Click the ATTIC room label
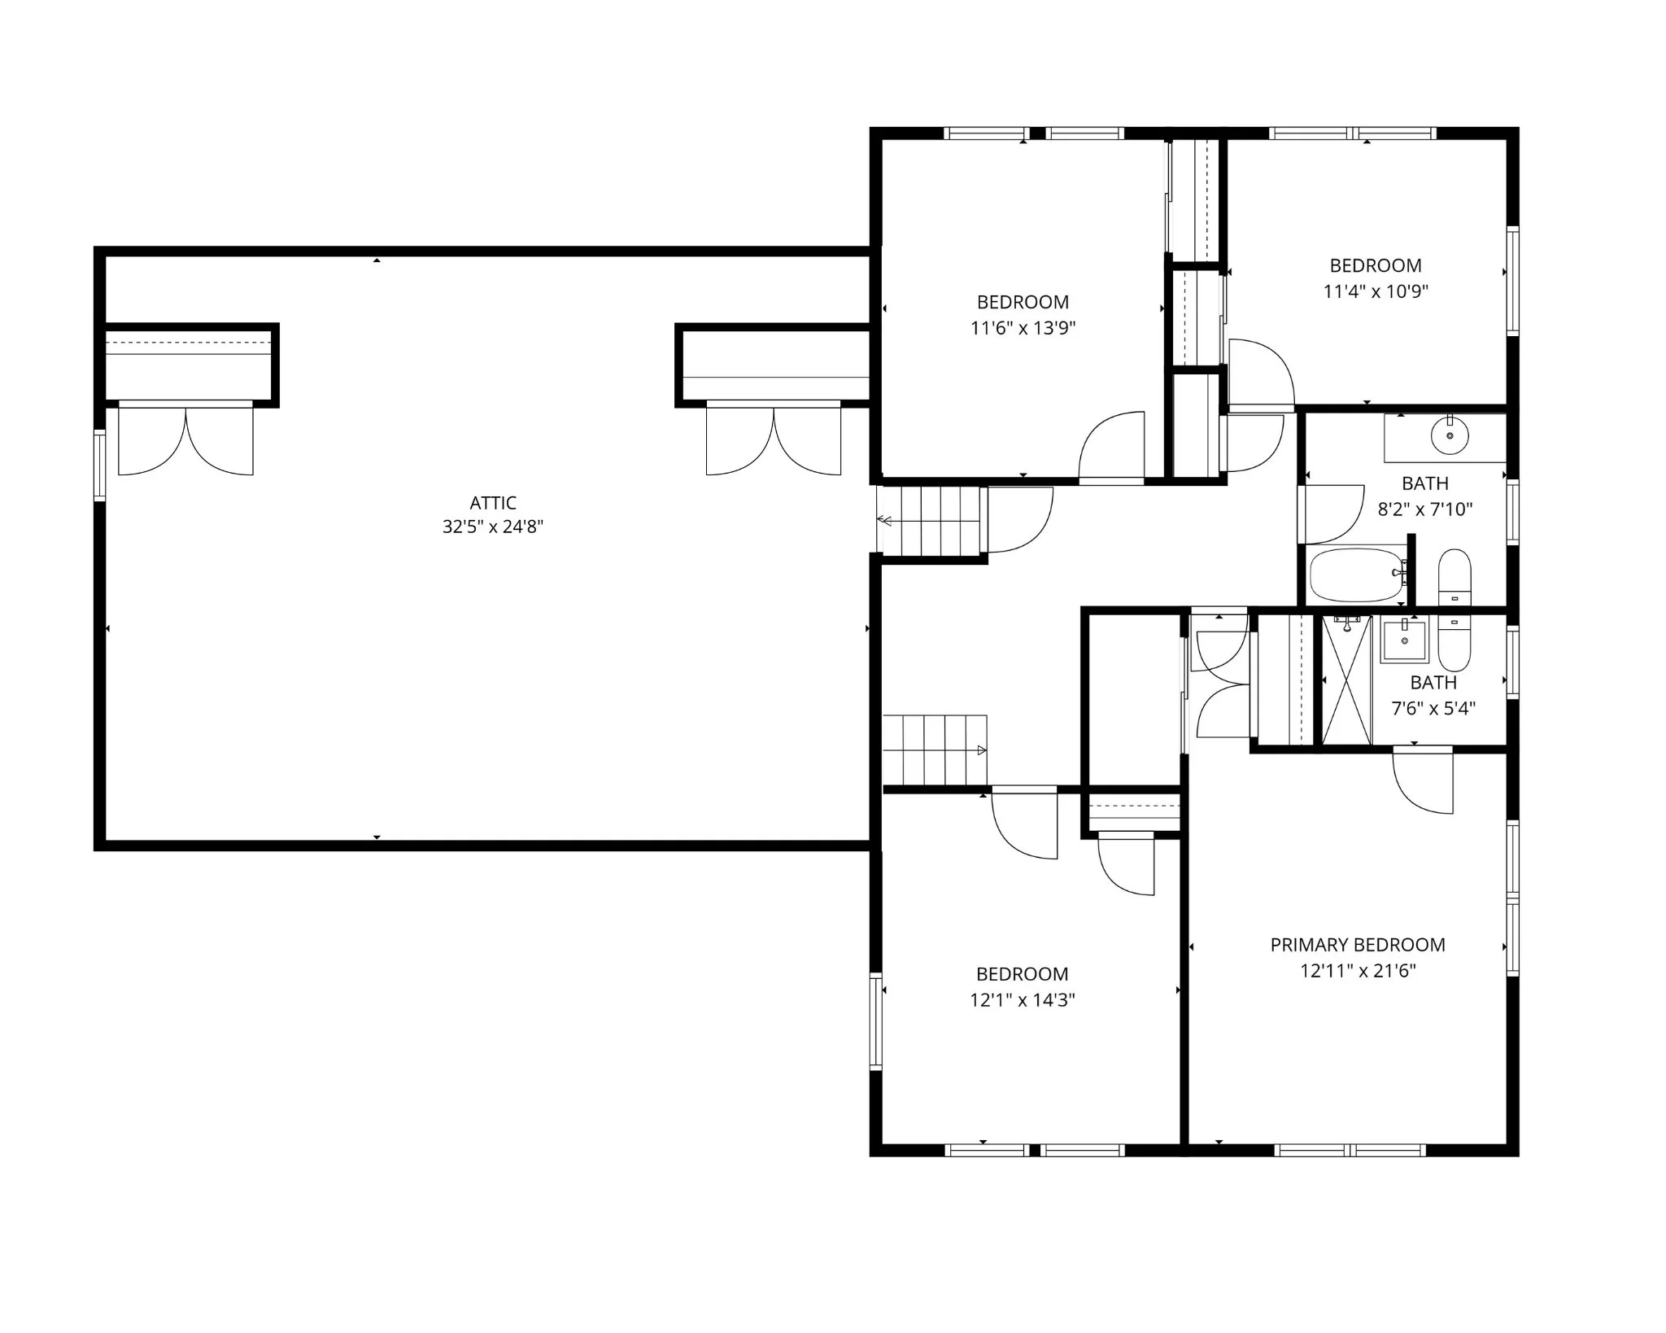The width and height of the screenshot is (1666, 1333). [492, 503]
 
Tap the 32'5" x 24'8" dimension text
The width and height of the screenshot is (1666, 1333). [492, 527]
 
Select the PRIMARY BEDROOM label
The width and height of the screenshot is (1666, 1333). [1358, 945]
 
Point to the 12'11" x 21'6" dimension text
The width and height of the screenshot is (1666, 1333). [1358, 970]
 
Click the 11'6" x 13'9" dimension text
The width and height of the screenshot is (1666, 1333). [1023, 328]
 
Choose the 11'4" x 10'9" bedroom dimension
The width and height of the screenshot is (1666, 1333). [1376, 291]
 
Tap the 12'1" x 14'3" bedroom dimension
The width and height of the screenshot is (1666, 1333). [1022, 999]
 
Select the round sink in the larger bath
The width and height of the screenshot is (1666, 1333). [1450, 435]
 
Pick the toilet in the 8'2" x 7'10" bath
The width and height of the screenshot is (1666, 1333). [1454, 576]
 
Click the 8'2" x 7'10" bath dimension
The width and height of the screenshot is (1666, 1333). [1425, 509]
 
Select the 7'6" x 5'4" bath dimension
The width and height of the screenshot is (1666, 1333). [1433, 708]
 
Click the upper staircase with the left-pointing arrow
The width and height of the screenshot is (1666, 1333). [933, 521]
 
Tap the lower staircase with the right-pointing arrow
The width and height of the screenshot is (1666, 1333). [935, 750]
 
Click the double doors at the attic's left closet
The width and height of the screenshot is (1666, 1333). [185, 439]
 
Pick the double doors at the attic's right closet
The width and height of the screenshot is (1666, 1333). [774, 439]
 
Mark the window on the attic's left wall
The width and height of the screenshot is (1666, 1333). [99, 465]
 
